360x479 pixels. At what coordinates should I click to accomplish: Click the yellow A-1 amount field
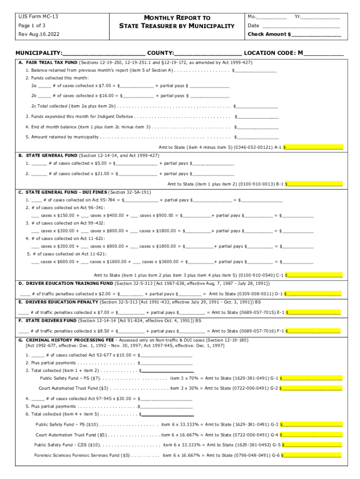(313, 147)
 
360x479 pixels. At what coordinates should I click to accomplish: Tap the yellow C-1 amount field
(314, 275)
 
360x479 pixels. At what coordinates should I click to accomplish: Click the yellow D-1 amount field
(313, 294)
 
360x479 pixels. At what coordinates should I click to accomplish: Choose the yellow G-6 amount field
(312, 455)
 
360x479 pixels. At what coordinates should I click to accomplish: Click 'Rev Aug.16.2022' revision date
(39, 35)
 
